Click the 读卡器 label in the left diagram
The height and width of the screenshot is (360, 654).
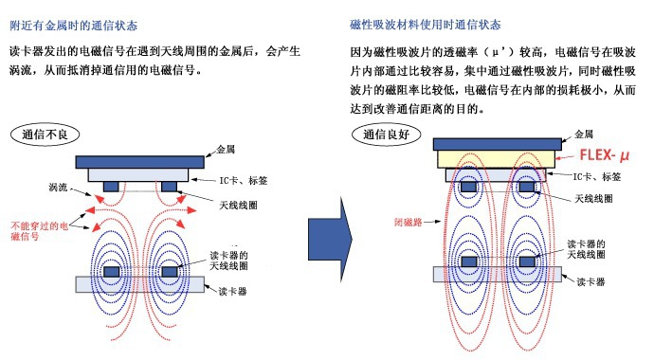coord(232,291)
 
